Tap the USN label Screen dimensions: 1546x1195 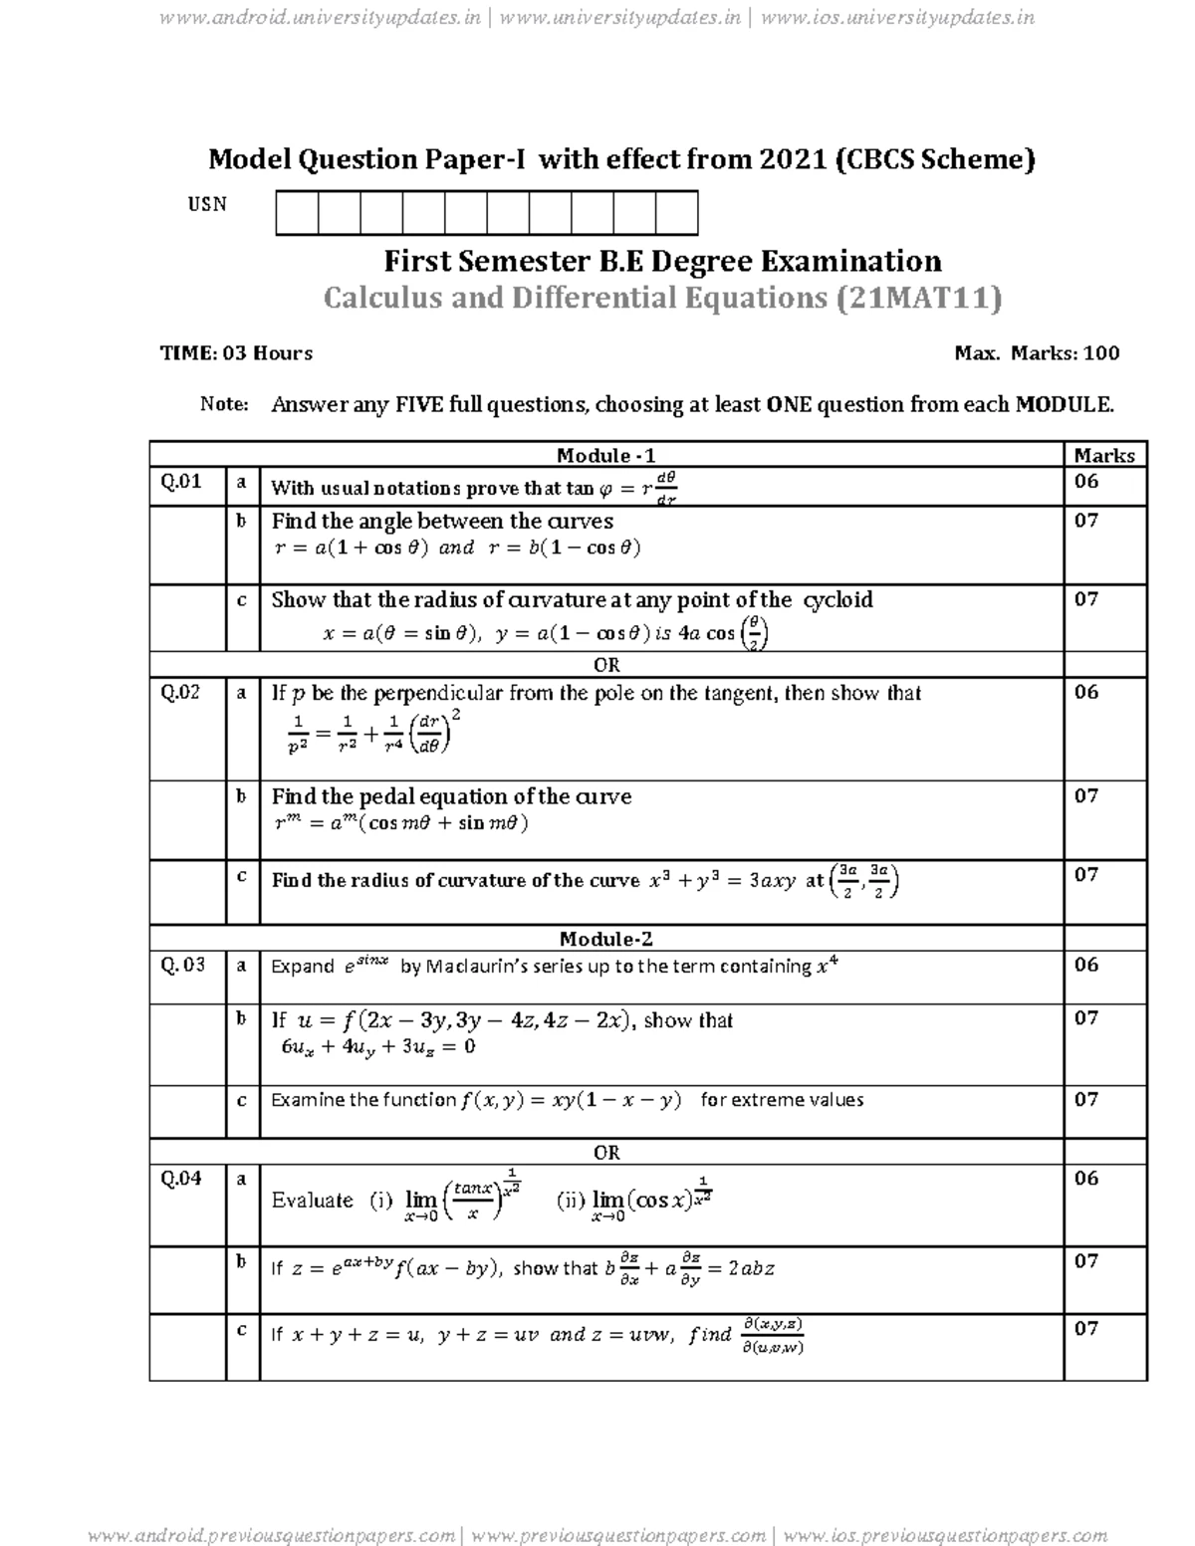point(207,204)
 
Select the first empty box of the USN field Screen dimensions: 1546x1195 point(297,214)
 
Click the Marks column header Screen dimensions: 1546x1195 point(1104,455)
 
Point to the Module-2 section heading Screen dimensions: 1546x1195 point(605,939)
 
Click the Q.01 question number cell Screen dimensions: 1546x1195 point(182,482)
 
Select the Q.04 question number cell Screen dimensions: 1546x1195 point(182,1179)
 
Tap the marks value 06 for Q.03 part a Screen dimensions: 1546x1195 point(1086,965)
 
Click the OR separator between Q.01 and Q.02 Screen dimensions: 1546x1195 point(606,665)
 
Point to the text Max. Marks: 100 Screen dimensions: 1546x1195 point(1036,352)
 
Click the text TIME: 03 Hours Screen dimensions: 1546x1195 point(236,352)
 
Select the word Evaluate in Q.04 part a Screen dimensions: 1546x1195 point(312,1201)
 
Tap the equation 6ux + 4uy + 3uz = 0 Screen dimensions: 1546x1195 point(378,1046)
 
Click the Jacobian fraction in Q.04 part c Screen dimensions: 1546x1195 point(773,1336)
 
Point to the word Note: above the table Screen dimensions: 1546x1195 point(223,404)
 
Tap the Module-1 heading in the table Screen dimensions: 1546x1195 point(605,455)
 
